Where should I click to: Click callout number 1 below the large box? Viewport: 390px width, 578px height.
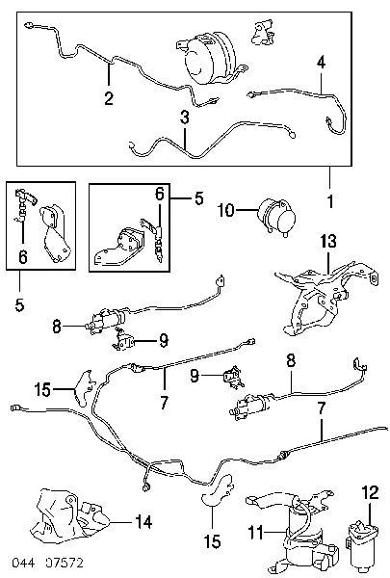pos(330,201)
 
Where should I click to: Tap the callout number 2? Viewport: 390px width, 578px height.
pos(109,98)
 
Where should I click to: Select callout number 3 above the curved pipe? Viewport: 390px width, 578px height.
pos(185,118)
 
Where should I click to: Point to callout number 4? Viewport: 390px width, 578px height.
pos(322,63)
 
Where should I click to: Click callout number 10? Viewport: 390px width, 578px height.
pos(226,210)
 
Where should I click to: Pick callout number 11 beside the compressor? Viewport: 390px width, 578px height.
pos(256,533)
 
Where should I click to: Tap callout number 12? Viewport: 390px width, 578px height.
pos(370,492)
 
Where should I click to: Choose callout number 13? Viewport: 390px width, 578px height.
pos(328,241)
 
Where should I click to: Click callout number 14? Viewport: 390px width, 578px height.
pos(143,522)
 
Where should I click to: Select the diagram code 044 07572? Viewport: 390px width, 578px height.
pos(48,563)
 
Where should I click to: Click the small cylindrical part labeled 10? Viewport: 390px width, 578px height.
pos(277,217)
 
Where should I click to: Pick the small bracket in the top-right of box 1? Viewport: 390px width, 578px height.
pos(263,33)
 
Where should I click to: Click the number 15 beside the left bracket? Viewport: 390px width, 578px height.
pos(42,389)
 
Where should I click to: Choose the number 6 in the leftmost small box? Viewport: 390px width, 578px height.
pos(23,257)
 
